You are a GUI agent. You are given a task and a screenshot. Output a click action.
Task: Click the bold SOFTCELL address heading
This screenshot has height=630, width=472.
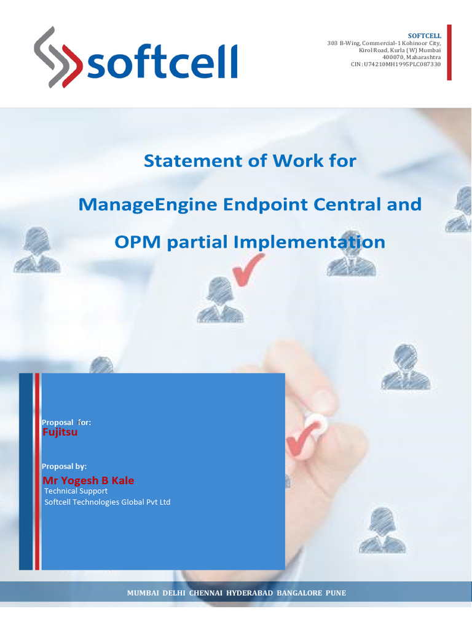tap(424, 36)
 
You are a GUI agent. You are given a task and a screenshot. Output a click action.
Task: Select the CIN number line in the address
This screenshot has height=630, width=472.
tap(402, 64)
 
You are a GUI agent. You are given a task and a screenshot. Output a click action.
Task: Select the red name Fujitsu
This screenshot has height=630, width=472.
tap(60, 433)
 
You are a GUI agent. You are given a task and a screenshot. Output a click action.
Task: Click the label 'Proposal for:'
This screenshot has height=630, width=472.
tap(66, 422)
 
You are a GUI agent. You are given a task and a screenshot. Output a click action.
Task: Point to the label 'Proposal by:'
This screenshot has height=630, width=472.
tap(64, 466)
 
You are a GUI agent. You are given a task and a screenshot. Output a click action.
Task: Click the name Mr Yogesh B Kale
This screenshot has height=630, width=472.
tap(88, 480)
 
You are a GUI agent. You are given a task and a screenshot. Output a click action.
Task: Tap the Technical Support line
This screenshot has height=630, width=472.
tap(76, 491)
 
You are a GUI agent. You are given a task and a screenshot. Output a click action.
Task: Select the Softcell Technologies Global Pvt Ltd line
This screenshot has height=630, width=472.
tap(108, 502)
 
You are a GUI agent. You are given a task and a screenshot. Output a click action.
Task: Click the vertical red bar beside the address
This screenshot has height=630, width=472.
tap(449, 52)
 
